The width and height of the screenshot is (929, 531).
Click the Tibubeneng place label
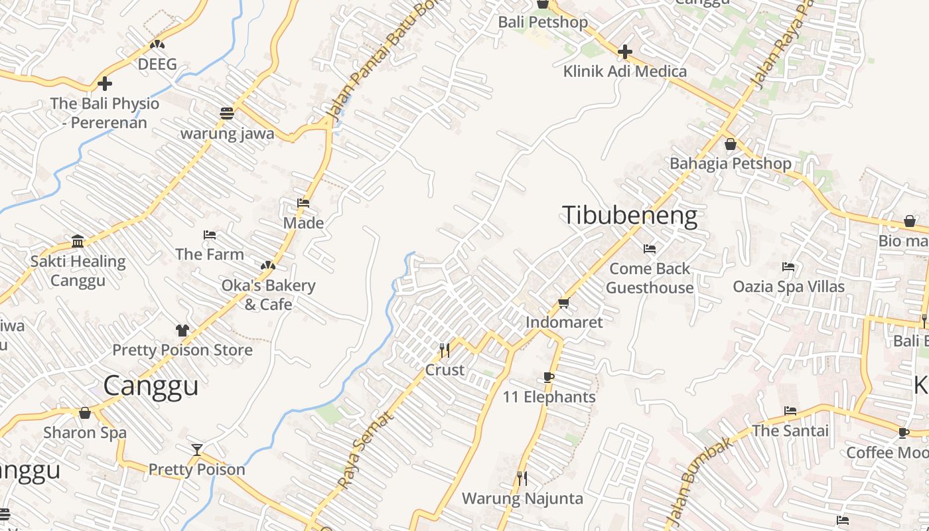point(629,216)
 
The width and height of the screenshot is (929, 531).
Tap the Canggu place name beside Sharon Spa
point(151,386)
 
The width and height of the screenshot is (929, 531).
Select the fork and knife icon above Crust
point(445,349)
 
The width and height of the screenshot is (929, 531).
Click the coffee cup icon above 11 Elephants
point(549,377)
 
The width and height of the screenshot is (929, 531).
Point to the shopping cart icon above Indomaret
point(564,303)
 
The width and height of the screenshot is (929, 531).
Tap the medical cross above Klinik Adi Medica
point(624,51)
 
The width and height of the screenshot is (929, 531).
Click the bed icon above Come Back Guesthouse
point(650,249)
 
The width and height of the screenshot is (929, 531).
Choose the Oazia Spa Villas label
point(788,287)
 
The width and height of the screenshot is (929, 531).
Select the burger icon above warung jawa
point(227,113)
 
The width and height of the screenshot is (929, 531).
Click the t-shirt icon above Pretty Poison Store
point(182,330)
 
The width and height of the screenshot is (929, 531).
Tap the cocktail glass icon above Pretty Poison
point(197,449)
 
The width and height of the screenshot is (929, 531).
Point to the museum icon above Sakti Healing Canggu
point(78,241)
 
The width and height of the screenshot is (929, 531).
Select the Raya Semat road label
point(366,450)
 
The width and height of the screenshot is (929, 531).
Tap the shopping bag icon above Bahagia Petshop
point(731,143)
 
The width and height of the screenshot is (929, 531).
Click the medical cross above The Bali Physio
point(105,84)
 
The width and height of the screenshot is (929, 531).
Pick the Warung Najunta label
point(522,498)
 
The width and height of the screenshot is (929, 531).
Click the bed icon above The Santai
point(790,410)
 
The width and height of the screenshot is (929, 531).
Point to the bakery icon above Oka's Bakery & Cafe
point(268,265)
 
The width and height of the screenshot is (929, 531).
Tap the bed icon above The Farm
point(210,234)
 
